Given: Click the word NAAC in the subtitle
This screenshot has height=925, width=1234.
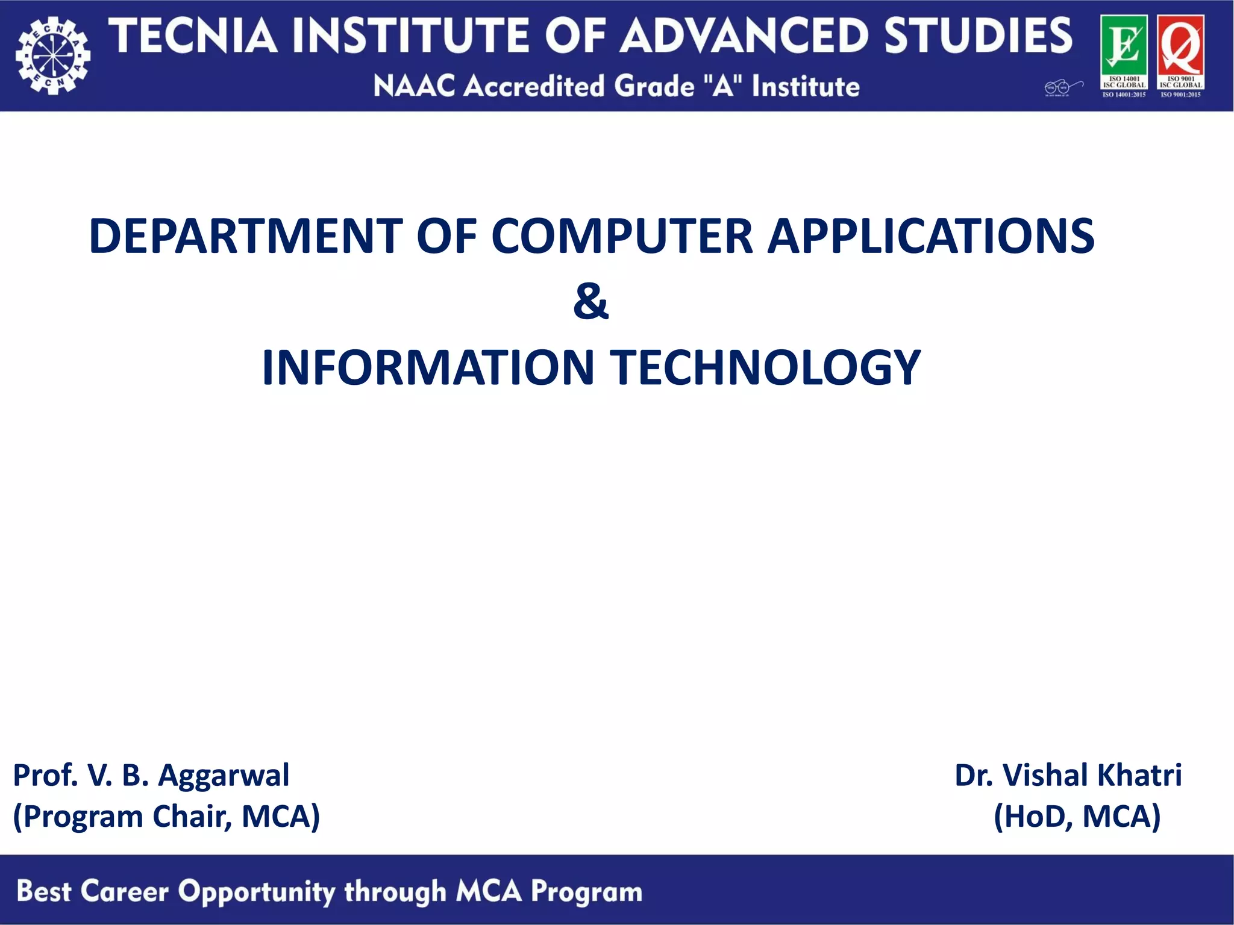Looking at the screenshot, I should (x=413, y=86).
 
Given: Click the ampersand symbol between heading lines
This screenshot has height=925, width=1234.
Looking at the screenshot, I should (x=591, y=302).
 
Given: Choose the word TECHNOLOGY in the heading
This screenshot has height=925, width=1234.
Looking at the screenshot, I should (x=765, y=367).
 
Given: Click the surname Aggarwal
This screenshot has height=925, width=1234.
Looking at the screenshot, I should (x=224, y=776).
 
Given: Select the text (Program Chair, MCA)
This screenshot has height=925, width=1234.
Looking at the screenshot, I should (x=166, y=817).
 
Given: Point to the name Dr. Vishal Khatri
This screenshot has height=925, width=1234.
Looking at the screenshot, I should (x=1068, y=775).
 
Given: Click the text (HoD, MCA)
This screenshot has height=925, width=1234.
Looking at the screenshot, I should (x=1077, y=817).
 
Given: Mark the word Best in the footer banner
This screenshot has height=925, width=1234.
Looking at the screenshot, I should (x=43, y=891).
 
